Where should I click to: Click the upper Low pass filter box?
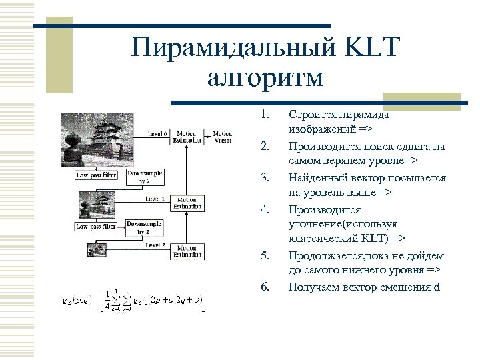click(x=96, y=175)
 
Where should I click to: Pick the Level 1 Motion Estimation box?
click(x=187, y=203)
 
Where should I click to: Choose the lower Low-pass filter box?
click(x=96, y=227)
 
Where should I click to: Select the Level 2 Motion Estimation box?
click(x=187, y=251)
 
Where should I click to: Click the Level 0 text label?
click(x=157, y=134)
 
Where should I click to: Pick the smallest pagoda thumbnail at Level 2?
click(x=93, y=249)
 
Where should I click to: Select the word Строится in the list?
click(x=310, y=114)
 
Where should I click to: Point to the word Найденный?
click(x=317, y=178)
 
